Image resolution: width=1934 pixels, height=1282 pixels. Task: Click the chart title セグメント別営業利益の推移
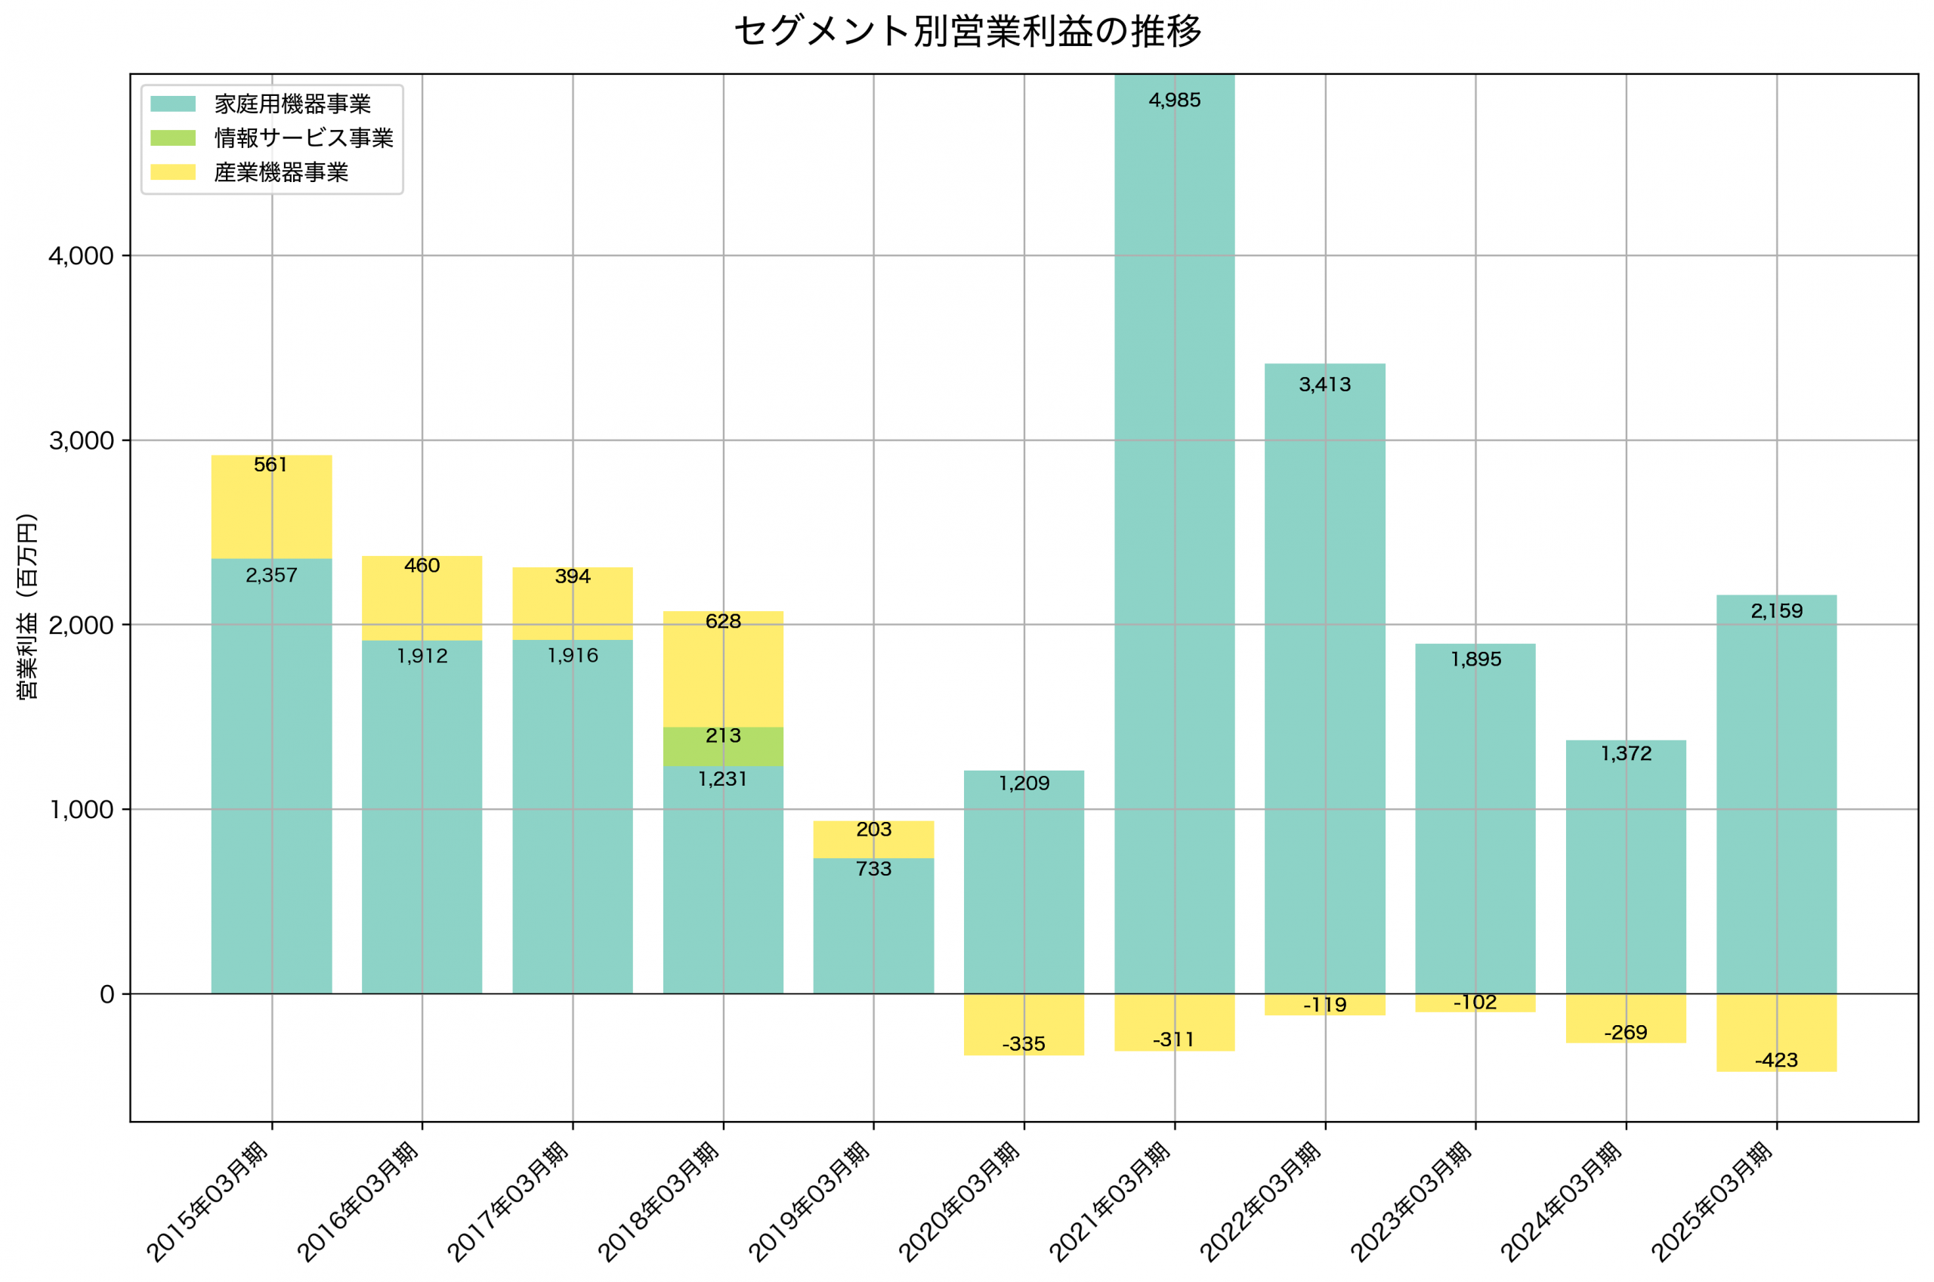[x=967, y=31]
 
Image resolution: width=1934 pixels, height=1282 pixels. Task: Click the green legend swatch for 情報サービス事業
[x=172, y=138]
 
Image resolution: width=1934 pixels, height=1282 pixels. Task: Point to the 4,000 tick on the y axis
[x=81, y=256]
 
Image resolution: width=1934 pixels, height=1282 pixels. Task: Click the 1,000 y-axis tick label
[x=81, y=809]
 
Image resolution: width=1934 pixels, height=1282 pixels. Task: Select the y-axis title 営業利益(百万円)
[x=27, y=606]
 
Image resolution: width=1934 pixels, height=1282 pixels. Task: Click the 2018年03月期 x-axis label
[x=659, y=1202]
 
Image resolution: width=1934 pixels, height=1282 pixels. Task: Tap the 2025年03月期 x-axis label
[x=1712, y=1202]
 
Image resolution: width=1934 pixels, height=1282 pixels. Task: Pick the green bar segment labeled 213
[x=722, y=746]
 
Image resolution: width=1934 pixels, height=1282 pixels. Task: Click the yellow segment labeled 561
[x=271, y=507]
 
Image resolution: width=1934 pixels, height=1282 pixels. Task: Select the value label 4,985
[x=1174, y=100]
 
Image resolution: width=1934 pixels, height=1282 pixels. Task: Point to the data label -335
[x=1024, y=1044]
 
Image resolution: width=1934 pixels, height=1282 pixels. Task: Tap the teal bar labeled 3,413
[x=1324, y=678]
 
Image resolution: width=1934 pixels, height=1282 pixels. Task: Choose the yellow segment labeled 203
[x=873, y=839]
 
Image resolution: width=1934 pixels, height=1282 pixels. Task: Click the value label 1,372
[x=1626, y=753]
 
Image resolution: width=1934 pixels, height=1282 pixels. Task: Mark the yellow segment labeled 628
[x=722, y=669]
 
